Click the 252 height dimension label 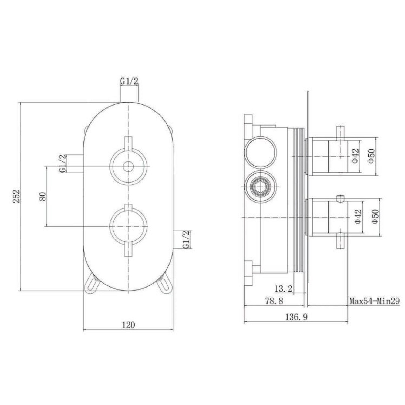16,196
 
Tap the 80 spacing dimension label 42,196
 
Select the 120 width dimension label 129,325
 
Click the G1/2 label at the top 129,81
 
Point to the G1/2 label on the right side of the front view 187,239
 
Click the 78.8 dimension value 274,301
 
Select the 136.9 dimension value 296,317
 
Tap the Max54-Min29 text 374,301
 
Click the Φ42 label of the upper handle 356,156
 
